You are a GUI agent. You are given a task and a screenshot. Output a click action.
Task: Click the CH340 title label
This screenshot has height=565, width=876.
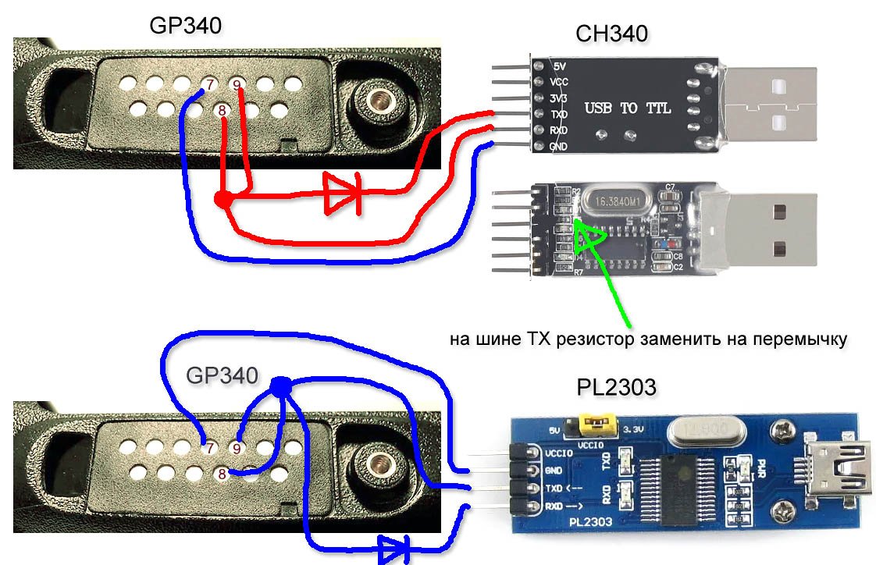pyautogui.click(x=611, y=34)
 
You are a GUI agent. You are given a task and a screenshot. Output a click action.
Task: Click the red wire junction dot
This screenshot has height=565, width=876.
pyautogui.click(x=223, y=200)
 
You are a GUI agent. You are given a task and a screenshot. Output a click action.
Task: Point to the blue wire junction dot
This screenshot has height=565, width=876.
pyautogui.click(x=280, y=385)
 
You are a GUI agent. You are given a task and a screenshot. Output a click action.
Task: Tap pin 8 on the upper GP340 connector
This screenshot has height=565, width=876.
pyautogui.click(x=223, y=111)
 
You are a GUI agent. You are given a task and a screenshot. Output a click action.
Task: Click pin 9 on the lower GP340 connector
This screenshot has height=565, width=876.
pyautogui.click(x=238, y=449)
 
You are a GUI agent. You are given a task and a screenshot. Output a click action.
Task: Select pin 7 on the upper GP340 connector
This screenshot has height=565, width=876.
pyautogui.click(x=208, y=84)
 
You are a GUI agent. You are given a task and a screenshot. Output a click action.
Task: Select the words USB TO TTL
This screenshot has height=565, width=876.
pyautogui.click(x=627, y=108)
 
